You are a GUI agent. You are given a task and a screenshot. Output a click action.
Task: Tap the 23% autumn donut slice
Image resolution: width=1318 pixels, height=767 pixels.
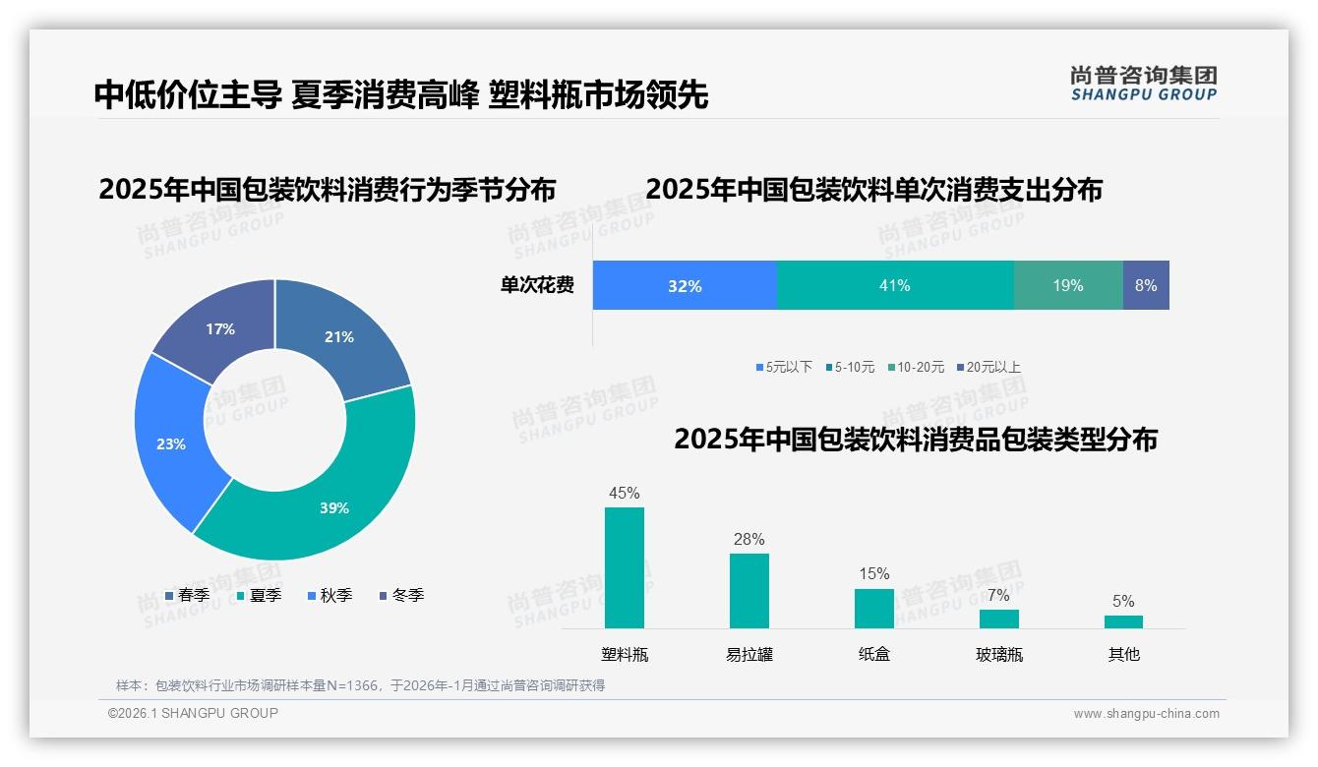click(x=172, y=442)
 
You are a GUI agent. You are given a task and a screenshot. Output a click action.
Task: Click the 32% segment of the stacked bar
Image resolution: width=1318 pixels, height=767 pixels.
click(x=685, y=286)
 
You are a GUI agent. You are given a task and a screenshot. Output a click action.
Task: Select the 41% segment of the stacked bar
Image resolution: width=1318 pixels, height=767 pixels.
click(x=895, y=286)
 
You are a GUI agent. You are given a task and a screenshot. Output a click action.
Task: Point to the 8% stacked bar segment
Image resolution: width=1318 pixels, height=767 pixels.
click(x=1146, y=286)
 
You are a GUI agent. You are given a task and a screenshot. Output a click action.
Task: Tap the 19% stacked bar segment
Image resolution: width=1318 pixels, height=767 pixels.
click(x=1068, y=286)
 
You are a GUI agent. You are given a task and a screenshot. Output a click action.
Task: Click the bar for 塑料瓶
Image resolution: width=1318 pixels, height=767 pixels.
click(x=625, y=568)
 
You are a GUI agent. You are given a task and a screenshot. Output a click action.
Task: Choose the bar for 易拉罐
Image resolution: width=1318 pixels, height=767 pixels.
click(x=749, y=591)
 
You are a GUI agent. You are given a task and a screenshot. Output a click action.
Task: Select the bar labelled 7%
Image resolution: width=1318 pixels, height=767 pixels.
click(x=999, y=619)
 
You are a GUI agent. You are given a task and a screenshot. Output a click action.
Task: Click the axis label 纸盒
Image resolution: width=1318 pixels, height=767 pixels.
click(x=874, y=654)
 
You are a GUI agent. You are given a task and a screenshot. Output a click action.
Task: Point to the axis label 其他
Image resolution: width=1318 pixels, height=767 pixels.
click(x=1124, y=654)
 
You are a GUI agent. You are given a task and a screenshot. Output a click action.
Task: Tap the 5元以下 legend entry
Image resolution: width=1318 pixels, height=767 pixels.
click(x=785, y=368)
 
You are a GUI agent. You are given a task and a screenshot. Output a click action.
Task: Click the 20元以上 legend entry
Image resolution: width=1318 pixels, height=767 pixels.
click(x=989, y=368)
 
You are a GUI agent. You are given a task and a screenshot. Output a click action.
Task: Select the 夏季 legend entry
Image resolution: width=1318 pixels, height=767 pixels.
click(x=260, y=596)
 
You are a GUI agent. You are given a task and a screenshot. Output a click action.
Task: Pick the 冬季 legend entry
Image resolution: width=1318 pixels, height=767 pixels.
click(x=402, y=596)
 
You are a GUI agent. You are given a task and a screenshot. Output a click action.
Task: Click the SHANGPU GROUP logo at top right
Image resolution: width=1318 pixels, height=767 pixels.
click(x=1144, y=84)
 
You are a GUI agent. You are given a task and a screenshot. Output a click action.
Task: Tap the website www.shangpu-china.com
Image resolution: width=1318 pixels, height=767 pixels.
click(x=1146, y=714)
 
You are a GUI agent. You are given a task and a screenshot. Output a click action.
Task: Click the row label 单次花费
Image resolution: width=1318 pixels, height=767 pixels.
click(x=537, y=286)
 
